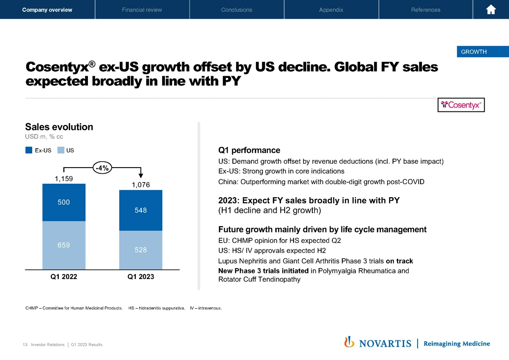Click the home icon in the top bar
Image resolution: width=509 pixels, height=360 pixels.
coord(491,10)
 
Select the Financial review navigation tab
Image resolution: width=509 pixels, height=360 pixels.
coord(142,10)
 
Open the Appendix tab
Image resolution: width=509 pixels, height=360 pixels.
coord(331,10)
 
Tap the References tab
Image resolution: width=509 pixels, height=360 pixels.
coord(425,10)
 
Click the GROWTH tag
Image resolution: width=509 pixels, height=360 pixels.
coord(474,52)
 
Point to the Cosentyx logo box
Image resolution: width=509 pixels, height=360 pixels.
coord(461,105)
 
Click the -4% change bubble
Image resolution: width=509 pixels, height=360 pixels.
coord(102,167)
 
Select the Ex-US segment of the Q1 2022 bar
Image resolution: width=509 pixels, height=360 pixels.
coord(64,202)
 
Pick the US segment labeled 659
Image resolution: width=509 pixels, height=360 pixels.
coord(64,245)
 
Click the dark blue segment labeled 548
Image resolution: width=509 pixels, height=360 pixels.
coord(141,210)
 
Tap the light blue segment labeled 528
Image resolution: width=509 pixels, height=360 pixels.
coord(141,250)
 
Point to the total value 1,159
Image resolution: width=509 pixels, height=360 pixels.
coord(64,178)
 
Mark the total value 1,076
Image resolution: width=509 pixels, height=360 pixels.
coord(141,185)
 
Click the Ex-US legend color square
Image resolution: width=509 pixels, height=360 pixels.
coord(29,150)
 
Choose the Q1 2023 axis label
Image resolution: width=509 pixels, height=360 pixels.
coord(141,276)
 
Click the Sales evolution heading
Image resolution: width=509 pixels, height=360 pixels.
coord(59,127)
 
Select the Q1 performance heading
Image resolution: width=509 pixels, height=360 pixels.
coord(249,150)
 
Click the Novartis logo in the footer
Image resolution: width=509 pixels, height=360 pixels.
coord(378,343)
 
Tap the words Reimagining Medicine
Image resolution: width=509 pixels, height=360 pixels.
coord(456,343)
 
